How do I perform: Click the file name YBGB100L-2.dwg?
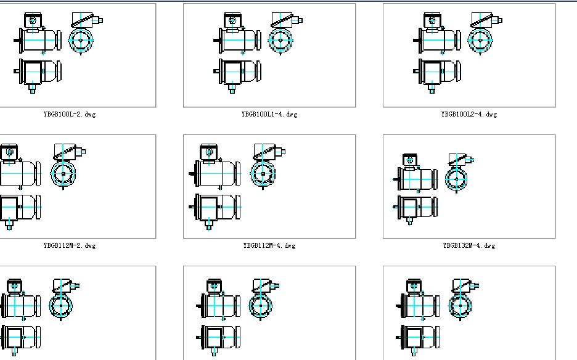70,115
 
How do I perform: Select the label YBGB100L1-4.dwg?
269,115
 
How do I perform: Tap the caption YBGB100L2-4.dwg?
469,115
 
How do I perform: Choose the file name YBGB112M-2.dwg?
70,245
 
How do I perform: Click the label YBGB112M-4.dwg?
269,245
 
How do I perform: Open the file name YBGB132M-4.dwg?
469,245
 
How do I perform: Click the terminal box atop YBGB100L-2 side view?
33,20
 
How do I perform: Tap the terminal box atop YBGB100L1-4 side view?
232,20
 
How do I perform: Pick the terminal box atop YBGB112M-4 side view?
208,152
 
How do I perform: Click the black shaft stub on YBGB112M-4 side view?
192,173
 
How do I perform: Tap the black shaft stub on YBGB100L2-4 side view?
416,40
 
